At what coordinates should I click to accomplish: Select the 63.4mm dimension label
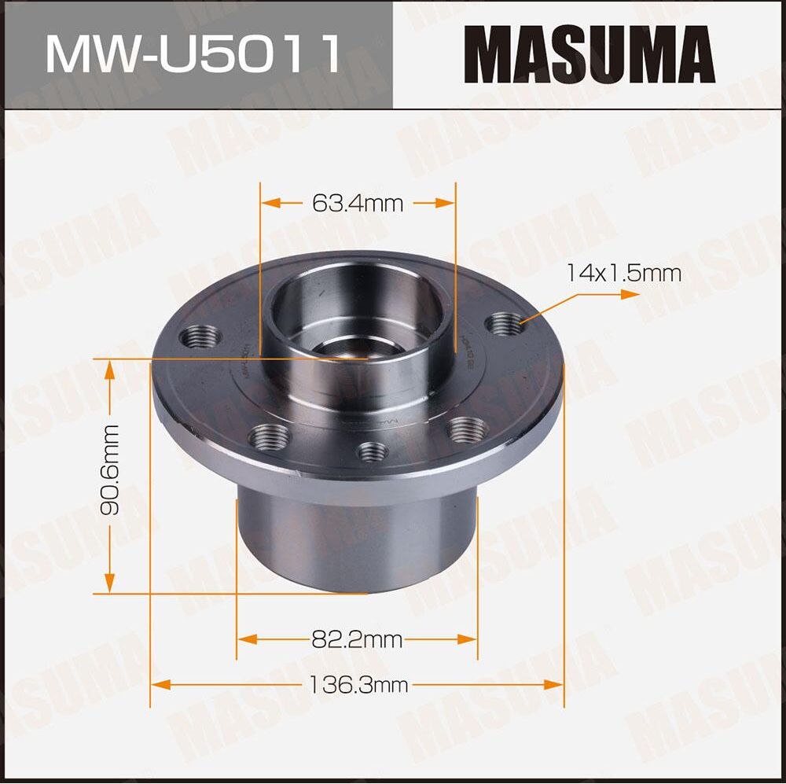click(358, 204)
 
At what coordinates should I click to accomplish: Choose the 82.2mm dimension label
click(357, 639)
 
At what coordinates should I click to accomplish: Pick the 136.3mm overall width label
click(358, 685)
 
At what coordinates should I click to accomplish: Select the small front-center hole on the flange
click(372, 451)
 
